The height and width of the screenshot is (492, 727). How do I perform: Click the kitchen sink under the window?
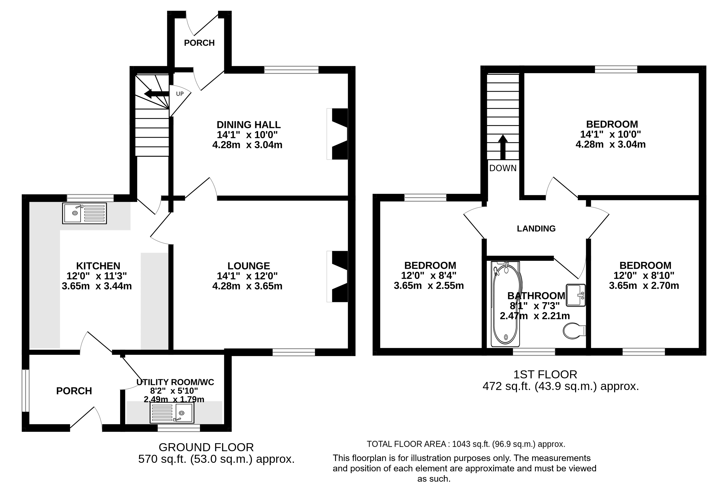[84, 213]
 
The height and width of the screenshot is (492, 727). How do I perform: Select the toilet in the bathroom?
[574, 331]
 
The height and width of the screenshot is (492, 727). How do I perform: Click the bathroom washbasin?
[576, 295]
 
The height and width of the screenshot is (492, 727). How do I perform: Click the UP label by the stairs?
[180, 94]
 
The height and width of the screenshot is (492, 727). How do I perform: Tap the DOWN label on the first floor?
[503, 168]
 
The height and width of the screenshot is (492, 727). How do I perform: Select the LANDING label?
[536, 229]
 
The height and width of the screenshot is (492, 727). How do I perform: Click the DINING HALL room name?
[249, 125]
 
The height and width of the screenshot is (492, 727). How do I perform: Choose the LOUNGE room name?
[249, 266]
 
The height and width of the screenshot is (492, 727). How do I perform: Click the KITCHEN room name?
[98, 266]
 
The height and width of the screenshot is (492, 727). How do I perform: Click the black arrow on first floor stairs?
[503, 147]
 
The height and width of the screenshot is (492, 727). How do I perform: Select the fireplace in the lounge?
[337, 277]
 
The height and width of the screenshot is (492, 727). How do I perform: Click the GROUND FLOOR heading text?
[206, 447]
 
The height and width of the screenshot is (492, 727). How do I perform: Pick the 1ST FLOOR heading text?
[545, 374]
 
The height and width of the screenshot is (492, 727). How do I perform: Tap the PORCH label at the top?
[199, 43]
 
